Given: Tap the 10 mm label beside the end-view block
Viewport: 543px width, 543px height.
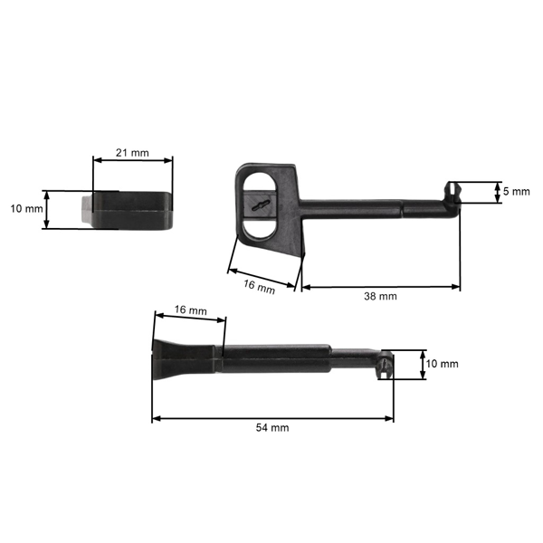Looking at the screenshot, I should [x=26, y=209].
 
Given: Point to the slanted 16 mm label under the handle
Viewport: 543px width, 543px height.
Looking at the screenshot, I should [x=259, y=288].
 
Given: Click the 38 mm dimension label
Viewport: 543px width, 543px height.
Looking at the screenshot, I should [x=380, y=297].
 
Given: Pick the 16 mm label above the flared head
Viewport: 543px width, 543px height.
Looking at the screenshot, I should [x=190, y=310].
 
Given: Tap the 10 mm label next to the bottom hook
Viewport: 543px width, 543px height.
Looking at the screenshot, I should [x=443, y=364].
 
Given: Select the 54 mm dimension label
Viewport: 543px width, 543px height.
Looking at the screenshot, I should [x=272, y=427].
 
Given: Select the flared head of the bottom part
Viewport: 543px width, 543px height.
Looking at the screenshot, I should [x=172, y=361].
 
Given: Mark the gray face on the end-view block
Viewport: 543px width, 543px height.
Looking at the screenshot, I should [x=85, y=209].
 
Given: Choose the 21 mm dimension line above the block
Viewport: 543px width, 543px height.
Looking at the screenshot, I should [x=132, y=162].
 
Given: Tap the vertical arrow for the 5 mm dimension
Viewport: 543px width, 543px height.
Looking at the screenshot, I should [x=497, y=192].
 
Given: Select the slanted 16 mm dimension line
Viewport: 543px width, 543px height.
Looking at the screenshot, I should [x=262, y=278].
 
